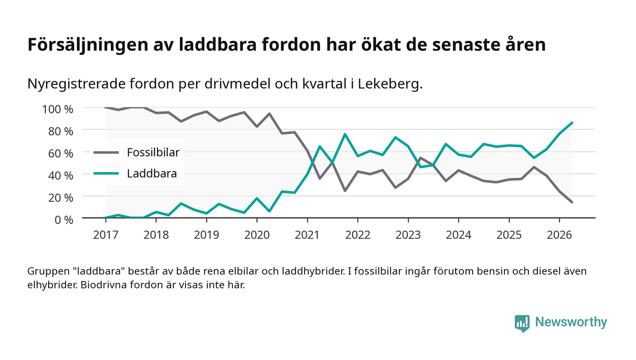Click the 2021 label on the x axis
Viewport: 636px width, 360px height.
click(307, 235)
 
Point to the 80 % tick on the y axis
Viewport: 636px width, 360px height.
click(61, 131)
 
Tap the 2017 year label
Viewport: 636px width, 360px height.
click(105, 235)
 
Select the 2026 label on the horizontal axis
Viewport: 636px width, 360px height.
click(559, 235)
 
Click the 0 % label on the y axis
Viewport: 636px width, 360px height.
click(64, 220)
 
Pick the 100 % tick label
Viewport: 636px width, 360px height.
click(58, 109)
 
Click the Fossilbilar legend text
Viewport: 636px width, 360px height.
click(154, 153)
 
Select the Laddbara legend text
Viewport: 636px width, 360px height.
click(152, 173)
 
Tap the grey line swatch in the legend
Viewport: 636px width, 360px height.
click(106, 153)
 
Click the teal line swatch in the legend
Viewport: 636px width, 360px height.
click(106, 173)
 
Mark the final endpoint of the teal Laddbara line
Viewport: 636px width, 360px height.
click(572, 123)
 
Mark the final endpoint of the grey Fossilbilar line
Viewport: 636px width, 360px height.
click(572, 202)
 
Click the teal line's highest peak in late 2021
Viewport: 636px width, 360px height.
click(345, 134)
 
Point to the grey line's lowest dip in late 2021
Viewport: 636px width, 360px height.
click(345, 191)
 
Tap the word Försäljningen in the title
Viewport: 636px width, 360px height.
click(88, 45)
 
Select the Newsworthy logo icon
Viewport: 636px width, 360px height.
click(522, 323)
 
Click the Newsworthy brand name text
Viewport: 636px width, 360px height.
click(571, 322)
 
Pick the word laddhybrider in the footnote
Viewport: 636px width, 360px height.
click(313, 271)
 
